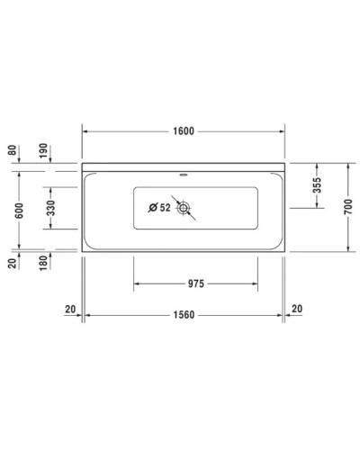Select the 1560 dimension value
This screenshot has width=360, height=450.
tap(185, 315)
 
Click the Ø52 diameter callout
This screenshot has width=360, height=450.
tap(159, 209)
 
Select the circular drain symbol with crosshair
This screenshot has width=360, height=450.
tap(184, 209)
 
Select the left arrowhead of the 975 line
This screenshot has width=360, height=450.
tap(137, 283)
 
